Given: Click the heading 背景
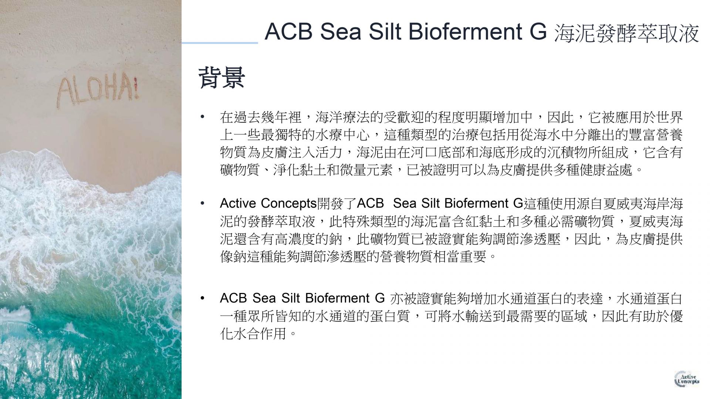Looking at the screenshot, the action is coord(222,78).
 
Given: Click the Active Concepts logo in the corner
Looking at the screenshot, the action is coord(687,379).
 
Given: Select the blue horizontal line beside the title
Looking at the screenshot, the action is coord(220,43).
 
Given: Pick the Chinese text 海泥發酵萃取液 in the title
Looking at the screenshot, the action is coord(627,33).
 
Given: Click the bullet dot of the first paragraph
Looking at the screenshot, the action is coord(202,117).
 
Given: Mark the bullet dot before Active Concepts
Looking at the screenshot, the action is coord(202,203).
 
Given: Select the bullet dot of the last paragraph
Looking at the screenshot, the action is coord(202,298).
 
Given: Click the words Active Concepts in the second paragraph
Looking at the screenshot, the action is coord(268,204).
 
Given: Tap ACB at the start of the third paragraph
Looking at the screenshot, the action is coord(234,298).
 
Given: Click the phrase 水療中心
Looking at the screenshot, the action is coord(343,135).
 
